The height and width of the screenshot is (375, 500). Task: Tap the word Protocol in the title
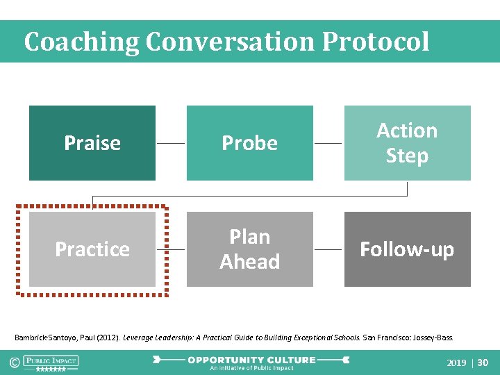click(376, 42)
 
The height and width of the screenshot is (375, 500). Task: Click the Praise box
click(92, 143)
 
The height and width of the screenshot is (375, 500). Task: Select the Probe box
click(250, 143)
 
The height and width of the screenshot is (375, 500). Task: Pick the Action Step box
click(407, 143)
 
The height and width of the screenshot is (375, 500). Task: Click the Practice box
click(92, 249)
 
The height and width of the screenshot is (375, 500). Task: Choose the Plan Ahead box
click(250, 249)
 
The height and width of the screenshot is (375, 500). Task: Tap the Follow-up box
click(407, 249)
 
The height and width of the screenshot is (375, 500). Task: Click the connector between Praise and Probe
click(171, 144)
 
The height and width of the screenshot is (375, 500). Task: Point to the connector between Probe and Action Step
click(328, 144)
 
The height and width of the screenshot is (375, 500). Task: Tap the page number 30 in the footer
click(483, 362)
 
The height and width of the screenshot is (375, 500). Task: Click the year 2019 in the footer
click(456, 362)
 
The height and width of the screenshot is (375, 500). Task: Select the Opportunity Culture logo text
click(251, 360)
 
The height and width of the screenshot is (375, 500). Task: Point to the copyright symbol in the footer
click(14, 362)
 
